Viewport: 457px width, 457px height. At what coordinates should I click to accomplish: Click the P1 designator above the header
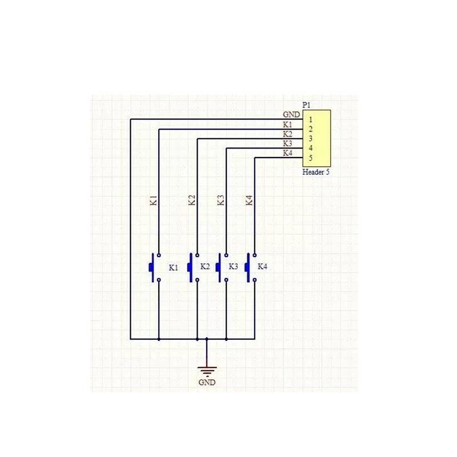pyautogui.click(x=306, y=105)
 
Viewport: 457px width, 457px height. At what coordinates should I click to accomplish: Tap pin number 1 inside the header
pyautogui.click(x=311, y=119)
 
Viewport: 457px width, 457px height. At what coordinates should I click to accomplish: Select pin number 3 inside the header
pyautogui.click(x=311, y=138)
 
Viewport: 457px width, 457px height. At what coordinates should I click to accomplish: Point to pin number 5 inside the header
pyautogui.click(x=311, y=158)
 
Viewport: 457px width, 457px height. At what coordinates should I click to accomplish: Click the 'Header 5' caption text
pyautogui.click(x=316, y=172)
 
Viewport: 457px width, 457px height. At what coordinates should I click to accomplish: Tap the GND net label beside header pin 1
pyautogui.click(x=291, y=115)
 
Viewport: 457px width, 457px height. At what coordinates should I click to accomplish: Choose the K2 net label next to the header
pyautogui.click(x=287, y=134)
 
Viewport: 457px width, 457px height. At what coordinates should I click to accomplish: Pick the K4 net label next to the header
pyautogui.click(x=288, y=153)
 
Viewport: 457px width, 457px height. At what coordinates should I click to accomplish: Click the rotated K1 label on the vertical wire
pyautogui.click(x=154, y=201)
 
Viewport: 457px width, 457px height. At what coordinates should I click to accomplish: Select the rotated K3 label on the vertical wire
pyautogui.click(x=221, y=201)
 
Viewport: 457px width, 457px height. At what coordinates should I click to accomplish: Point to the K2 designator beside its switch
pyautogui.click(x=205, y=266)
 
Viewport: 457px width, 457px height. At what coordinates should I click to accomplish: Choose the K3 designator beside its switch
pyautogui.click(x=233, y=266)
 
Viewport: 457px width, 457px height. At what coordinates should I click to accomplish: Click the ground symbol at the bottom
pyautogui.click(x=207, y=371)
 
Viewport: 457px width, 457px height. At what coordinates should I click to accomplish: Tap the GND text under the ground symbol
pyautogui.click(x=207, y=382)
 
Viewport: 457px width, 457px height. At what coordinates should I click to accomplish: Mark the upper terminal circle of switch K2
pyautogui.click(x=197, y=255)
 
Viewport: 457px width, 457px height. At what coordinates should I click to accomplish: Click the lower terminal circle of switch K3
pyautogui.click(x=226, y=280)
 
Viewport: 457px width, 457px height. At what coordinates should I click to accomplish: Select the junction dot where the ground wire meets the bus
pyautogui.click(x=207, y=339)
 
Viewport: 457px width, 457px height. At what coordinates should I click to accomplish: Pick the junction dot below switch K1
pyautogui.click(x=159, y=339)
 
